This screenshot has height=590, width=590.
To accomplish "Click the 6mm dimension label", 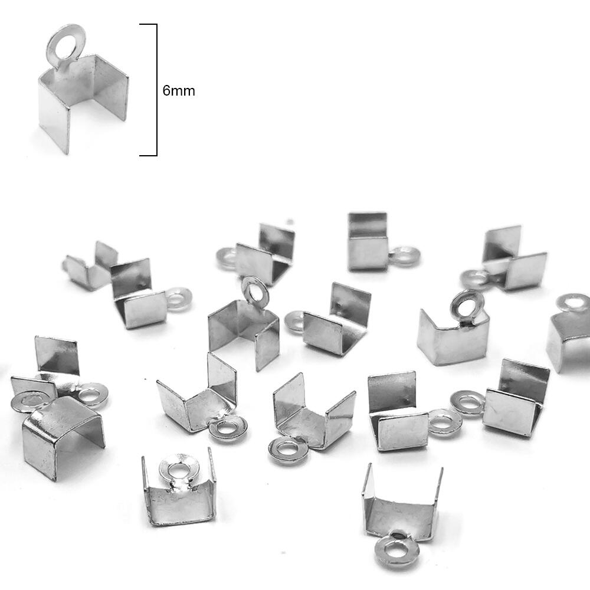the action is tap(179, 91).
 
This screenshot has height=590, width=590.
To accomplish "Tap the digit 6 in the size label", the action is tap(166, 91).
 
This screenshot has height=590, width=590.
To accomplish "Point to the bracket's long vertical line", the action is tap(156, 90).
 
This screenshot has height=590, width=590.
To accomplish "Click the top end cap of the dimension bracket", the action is tap(148, 24).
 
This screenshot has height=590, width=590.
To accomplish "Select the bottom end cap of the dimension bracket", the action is tap(148, 155).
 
